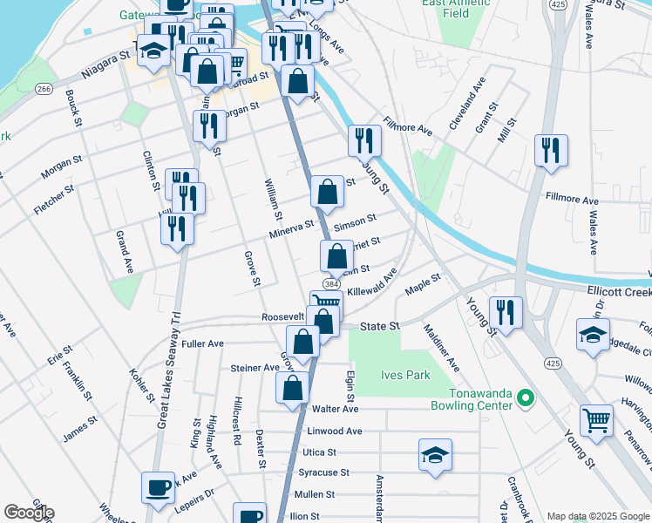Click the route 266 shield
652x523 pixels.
[44, 89]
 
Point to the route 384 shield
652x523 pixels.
[331, 284]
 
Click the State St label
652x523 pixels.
[380, 325]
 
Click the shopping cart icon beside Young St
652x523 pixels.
[597, 420]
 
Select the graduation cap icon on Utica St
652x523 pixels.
[435, 454]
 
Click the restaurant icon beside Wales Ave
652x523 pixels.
[551, 150]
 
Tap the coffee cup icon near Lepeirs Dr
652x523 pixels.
[158, 488]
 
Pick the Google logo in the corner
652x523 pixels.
[29, 513]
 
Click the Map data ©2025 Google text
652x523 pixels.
[598, 516]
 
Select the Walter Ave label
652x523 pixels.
[335, 409]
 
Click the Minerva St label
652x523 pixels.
[291, 228]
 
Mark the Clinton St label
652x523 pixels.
[149, 169]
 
